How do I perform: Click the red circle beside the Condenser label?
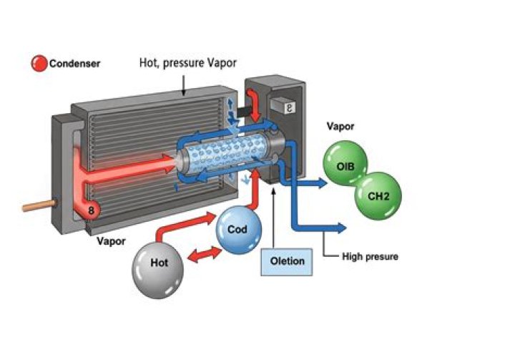39,64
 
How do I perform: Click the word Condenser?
75,64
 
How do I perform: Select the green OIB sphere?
346,166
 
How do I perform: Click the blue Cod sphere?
238,230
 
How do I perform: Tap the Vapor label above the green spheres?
341,127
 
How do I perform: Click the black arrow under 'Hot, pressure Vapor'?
184,89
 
